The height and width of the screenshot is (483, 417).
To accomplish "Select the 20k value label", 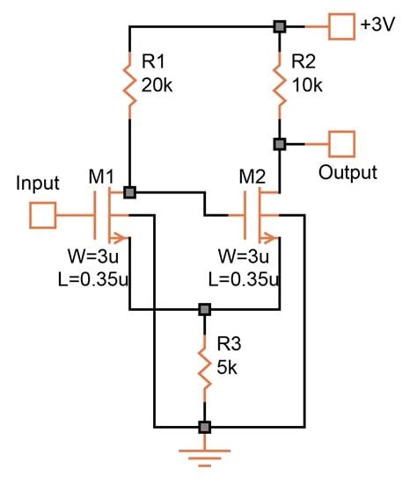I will (x=159, y=85).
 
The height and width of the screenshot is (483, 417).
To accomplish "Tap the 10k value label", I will (x=307, y=85).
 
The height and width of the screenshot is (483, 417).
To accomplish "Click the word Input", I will (x=38, y=184).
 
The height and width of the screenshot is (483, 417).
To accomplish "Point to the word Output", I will (x=347, y=172).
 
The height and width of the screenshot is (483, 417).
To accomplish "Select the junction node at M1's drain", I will (x=130, y=192).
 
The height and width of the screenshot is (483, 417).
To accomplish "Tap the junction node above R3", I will (x=205, y=309).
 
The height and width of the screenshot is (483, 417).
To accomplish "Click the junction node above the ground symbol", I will (x=205, y=428).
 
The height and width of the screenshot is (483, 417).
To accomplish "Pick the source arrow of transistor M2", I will (x=271, y=235).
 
